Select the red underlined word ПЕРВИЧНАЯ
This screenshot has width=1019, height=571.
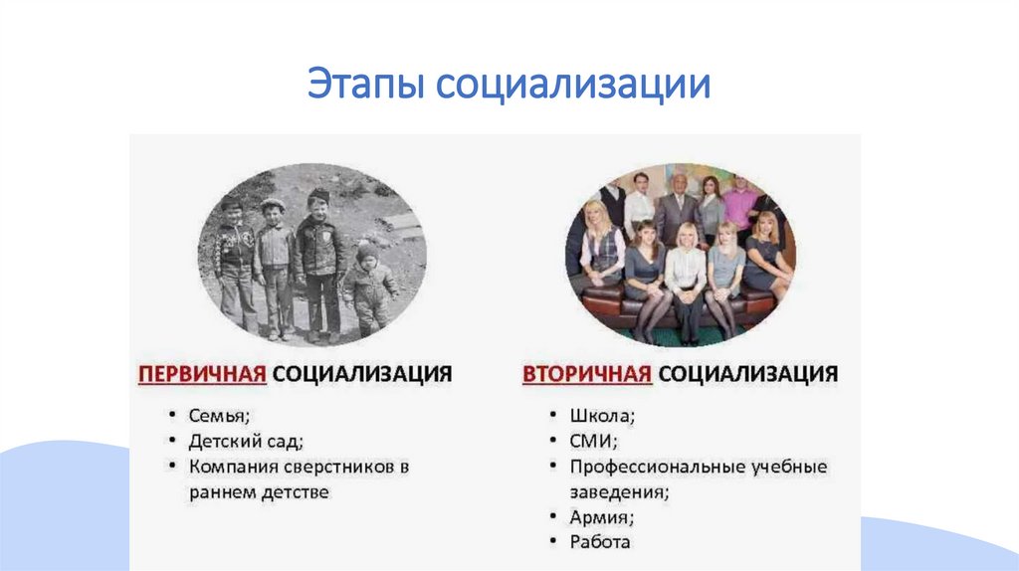pyautogui.click(x=201, y=374)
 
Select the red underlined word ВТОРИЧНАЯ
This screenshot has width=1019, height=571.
pyautogui.click(x=587, y=374)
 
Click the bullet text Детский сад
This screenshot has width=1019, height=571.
pyautogui.click(x=245, y=440)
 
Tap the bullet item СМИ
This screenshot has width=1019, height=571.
pyautogui.click(x=594, y=440)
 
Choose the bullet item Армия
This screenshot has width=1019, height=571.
pyautogui.click(x=602, y=517)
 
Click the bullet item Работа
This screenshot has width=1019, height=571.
pyautogui.click(x=600, y=543)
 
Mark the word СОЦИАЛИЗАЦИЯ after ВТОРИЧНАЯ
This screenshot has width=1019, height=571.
pyautogui.click(x=747, y=374)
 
